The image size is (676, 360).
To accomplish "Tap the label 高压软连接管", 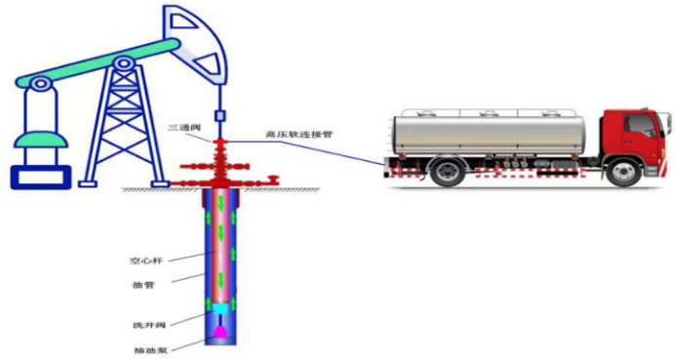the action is click(x=298, y=135).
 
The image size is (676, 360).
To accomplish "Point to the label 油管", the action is click(x=142, y=285).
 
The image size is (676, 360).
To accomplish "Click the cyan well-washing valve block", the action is click(x=220, y=308).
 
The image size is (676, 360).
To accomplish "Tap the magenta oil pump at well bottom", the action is click(x=220, y=332).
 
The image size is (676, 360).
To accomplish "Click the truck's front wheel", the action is click(x=623, y=172).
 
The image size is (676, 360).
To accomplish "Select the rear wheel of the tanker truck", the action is click(x=449, y=171).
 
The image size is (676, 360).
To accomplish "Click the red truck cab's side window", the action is click(x=640, y=126).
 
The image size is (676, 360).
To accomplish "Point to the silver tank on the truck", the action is click(x=489, y=134).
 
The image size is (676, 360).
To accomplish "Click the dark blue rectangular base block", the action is click(x=41, y=178).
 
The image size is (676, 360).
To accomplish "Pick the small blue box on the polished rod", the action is click(x=219, y=115).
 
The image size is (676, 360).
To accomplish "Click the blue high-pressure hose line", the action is click(x=305, y=151).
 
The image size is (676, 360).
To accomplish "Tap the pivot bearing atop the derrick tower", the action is click(x=124, y=63).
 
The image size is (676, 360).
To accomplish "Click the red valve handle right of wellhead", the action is click(x=272, y=179).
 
